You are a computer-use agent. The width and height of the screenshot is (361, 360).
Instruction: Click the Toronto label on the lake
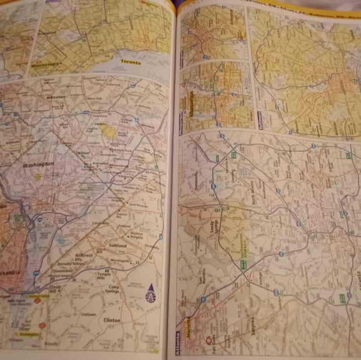130,63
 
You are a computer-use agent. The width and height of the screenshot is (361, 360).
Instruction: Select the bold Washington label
38,164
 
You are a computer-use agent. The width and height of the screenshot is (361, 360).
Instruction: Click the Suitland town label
118,246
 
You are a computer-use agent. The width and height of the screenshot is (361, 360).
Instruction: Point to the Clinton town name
113,320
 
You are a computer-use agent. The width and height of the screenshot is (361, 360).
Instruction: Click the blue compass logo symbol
150,293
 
